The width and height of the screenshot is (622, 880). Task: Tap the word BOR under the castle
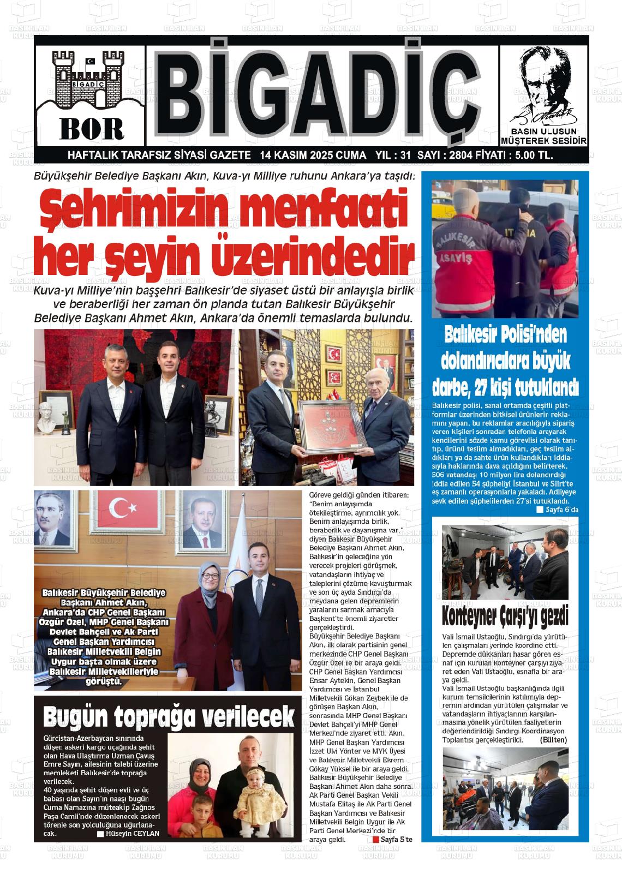pos(91,128)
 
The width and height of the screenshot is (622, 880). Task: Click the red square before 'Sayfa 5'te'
pos(375,839)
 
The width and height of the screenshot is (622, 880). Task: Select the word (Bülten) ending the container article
pos(553,740)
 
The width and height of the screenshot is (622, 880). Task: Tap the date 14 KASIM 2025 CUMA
pos(313,155)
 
